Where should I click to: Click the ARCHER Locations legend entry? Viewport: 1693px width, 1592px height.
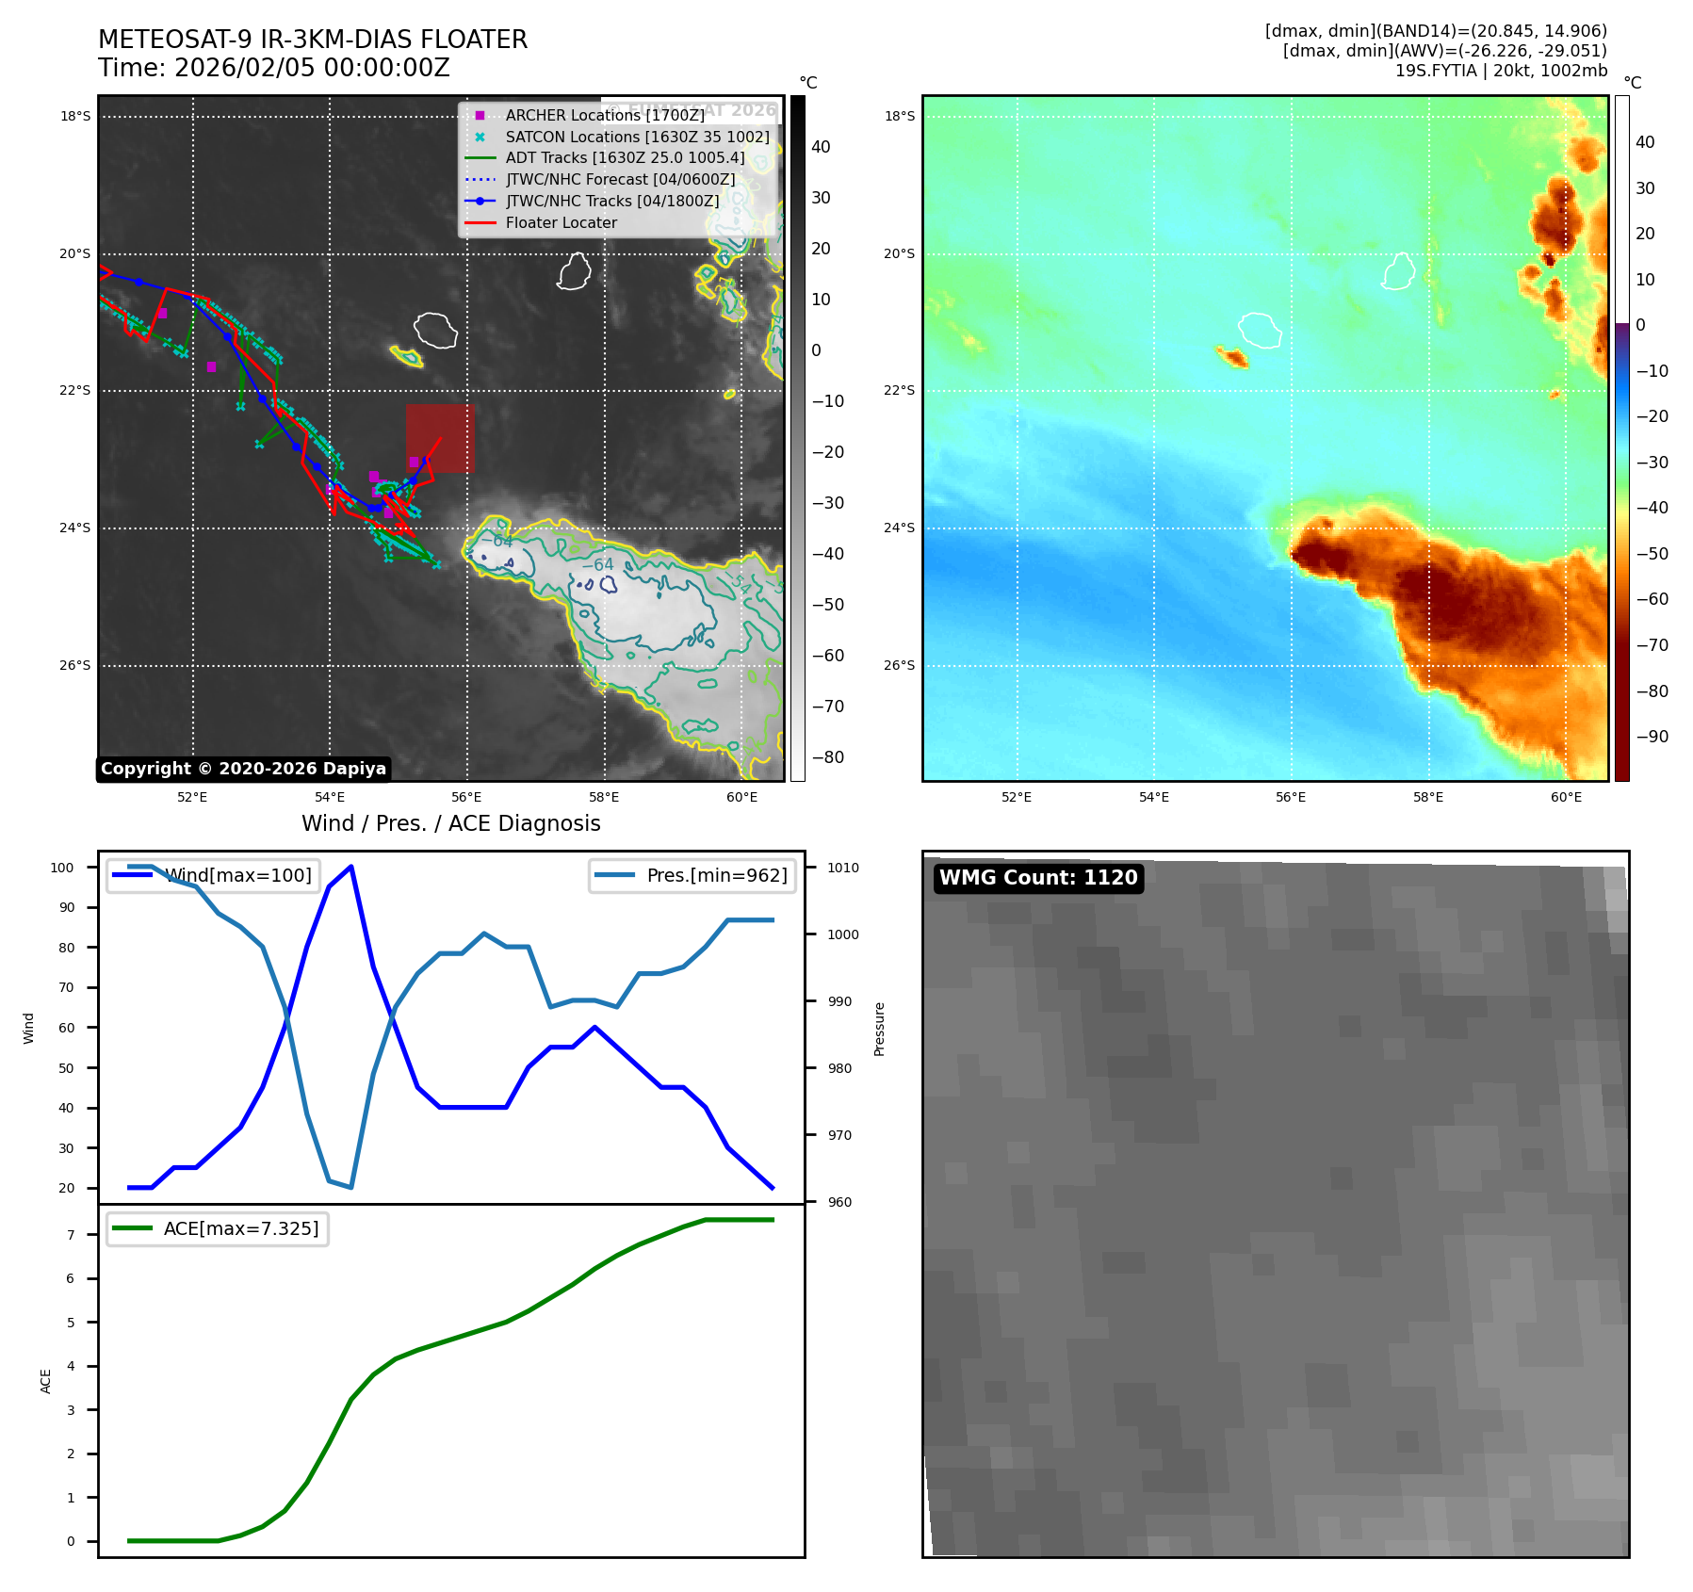click(604, 115)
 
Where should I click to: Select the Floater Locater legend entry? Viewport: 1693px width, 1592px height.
click(561, 222)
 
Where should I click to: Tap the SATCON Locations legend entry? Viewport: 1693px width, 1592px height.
click(637, 137)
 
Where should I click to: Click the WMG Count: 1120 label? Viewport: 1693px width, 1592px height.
click(1038, 878)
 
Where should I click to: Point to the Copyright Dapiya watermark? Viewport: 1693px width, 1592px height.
click(243, 769)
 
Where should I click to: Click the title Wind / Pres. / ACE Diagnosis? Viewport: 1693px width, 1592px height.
click(450, 823)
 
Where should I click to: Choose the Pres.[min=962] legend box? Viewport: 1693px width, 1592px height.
click(692, 875)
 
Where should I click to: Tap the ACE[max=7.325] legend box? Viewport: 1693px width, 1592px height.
click(218, 1228)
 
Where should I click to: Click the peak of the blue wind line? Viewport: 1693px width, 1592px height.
click(350, 867)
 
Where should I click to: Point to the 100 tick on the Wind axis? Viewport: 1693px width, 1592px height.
click(62, 868)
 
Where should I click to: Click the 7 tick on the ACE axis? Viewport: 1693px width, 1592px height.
click(71, 1235)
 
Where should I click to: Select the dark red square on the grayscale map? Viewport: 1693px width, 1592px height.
click(440, 438)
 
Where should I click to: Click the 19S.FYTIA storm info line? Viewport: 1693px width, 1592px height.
click(1501, 71)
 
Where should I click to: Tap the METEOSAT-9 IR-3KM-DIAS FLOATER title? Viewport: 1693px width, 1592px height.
click(313, 40)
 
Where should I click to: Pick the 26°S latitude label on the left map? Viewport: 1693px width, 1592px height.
click(75, 665)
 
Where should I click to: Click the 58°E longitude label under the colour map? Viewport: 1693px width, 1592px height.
click(1427, 797)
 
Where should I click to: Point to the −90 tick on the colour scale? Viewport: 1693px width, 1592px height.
click(1652, 737)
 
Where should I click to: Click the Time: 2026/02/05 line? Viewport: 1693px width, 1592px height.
click(274, 68)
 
